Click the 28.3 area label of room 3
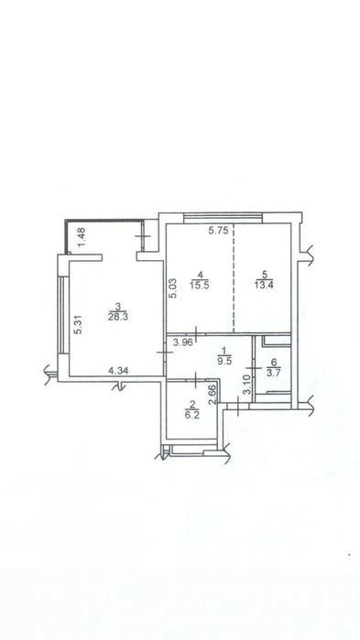[x=117, y=317]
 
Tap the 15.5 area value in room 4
[x=199, y=286]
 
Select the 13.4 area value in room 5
[x=265, y=285]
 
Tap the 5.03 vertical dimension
[x=172, y=288]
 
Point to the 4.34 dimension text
[x=118, y=371]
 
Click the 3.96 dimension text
[x=182, y=342]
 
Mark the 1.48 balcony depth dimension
[x=82, y=237]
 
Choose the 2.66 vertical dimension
[x=213, y=396]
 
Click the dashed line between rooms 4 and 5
[x=233, y=277]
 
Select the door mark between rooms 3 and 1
[x=165, y=352]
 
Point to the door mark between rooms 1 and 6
[x=254, y=369]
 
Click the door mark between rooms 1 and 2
[x=196, y=380]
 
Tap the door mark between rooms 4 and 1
[x=196, y=333]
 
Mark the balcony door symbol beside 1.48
[x=143, y=236]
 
